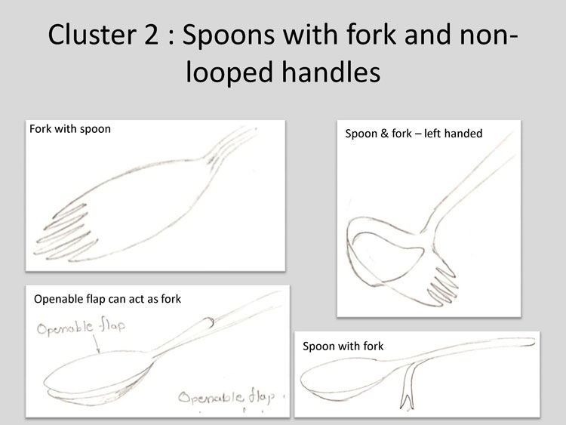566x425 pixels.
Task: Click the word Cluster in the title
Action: (92, 35)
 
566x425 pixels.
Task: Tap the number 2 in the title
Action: (152, 35)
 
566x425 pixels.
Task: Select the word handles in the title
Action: (331, 72)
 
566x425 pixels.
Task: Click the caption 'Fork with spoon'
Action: (70, 129)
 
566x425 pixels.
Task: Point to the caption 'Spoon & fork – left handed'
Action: (414, 134)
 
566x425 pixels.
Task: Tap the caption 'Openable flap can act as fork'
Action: (108, 299)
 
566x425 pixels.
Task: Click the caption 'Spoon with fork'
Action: (343, 346)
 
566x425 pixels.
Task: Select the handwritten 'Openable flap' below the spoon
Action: (226, 397)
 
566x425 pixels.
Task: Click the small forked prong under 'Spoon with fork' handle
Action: (408, 387)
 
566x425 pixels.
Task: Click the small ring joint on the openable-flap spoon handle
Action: (208, 322)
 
